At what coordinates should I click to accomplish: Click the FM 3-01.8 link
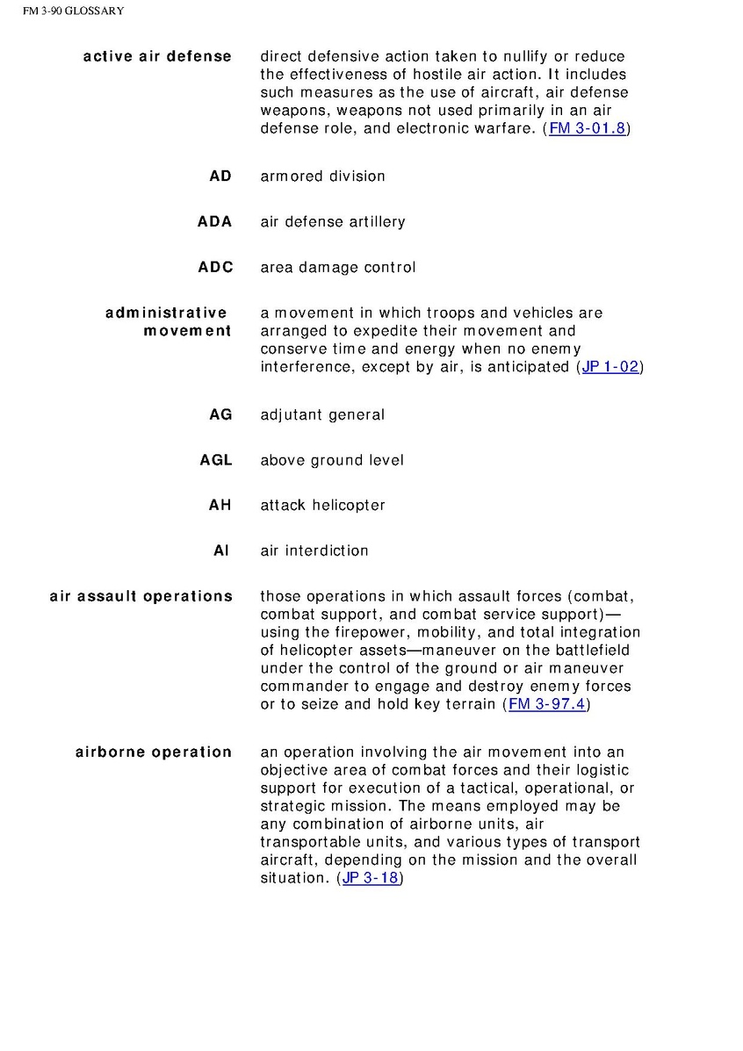click(588, 129)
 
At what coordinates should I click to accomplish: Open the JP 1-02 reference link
click(610, 367)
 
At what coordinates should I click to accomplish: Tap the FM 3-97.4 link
click(546, 704)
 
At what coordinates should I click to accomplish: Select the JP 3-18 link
click(370, 878)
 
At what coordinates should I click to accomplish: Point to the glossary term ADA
click(215, 222)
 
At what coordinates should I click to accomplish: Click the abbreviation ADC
click(215, 268)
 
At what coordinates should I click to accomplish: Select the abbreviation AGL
click(215, 460)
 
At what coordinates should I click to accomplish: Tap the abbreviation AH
click(220, 506)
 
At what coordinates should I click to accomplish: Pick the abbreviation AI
click(221, 551)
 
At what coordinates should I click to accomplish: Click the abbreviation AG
click(220, 414)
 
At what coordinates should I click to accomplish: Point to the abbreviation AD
click(220, 176)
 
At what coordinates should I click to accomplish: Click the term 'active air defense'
click(157, 57)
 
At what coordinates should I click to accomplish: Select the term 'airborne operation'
click(154, 752)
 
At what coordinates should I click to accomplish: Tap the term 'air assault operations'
click(141, 597)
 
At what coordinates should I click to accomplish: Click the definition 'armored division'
click(322, 176)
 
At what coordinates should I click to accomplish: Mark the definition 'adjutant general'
click(322, 414)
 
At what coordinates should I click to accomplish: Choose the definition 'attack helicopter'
click(322, 506)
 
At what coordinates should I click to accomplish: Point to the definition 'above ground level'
click(332, 460)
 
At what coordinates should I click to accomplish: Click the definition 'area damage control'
click(337, 268)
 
